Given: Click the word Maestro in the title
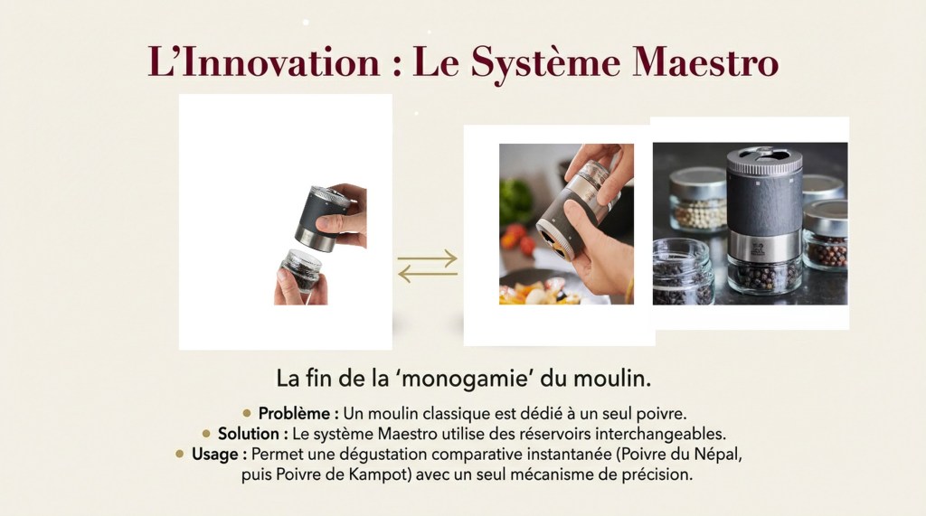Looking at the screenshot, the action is [x=705, y=61].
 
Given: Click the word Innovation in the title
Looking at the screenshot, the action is [x=281, y=61].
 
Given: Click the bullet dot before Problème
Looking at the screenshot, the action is [x=247, y=413].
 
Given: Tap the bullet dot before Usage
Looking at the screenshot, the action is [x=180, y=454].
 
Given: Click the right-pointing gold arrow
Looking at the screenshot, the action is [x=427, y=258].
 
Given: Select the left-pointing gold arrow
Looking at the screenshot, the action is [x=427, y=274].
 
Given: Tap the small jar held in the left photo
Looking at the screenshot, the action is [x=301, y=270].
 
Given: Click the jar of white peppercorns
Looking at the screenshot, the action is [x=699, y=199].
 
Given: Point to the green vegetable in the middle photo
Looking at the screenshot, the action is [x=515, y=201].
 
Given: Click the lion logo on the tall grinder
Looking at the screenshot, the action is [x=758, y=248].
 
